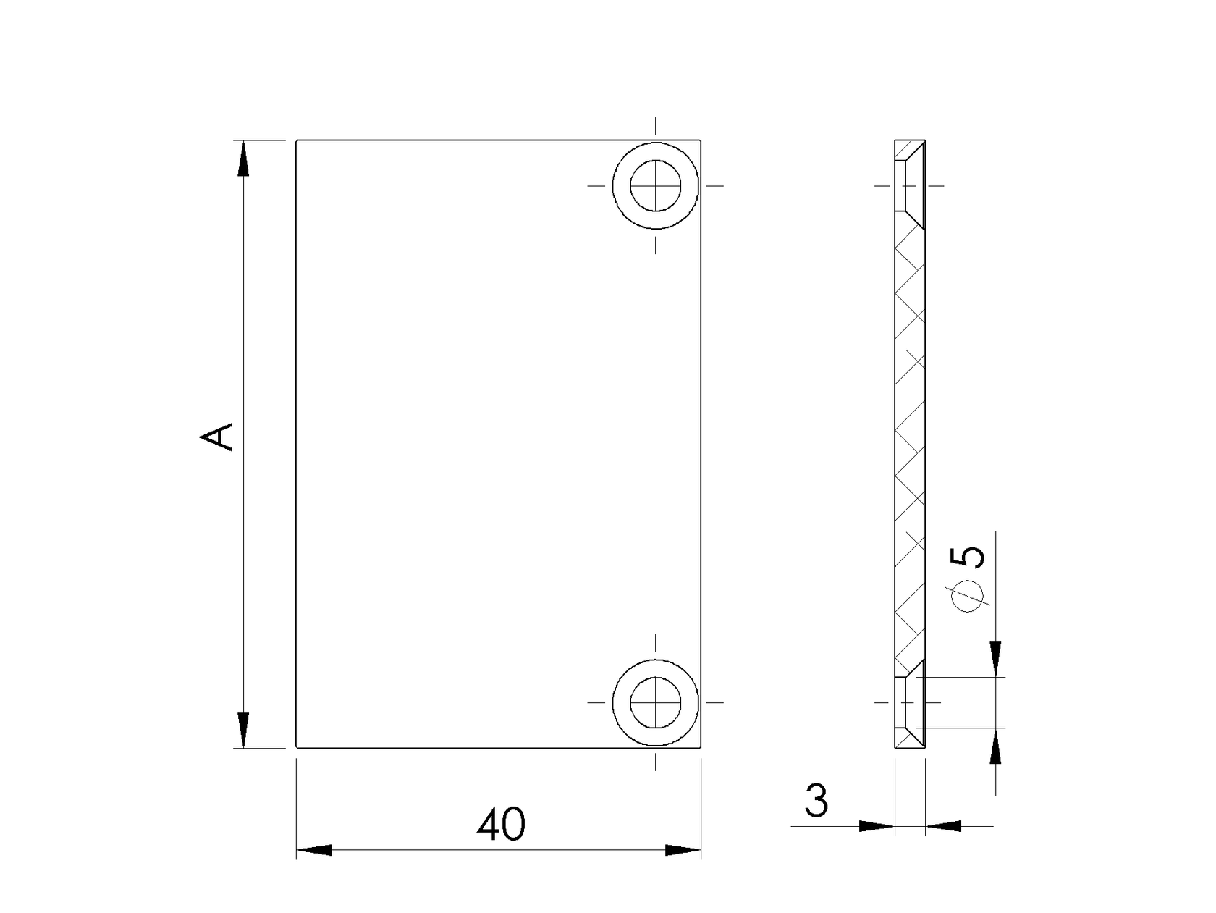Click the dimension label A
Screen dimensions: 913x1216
217,437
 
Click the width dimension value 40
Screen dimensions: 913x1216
501,824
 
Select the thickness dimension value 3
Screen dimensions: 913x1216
816,801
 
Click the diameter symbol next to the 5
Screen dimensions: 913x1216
968,597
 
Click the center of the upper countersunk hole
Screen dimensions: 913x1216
656,186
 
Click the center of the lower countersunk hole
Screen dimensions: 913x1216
656,702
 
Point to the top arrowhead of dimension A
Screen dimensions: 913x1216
244,158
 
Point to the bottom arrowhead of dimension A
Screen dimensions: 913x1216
244,730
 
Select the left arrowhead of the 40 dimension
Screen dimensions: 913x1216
314,850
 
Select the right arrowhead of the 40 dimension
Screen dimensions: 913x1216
683,850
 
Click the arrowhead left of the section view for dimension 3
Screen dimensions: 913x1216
877,825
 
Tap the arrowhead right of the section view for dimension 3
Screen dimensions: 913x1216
943,825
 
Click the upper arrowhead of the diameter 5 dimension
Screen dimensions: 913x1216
996,658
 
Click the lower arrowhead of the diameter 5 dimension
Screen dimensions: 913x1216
996,746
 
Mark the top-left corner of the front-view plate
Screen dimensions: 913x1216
297,140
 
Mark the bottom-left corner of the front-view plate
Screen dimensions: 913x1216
297,747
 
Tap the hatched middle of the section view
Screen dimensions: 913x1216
910,442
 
